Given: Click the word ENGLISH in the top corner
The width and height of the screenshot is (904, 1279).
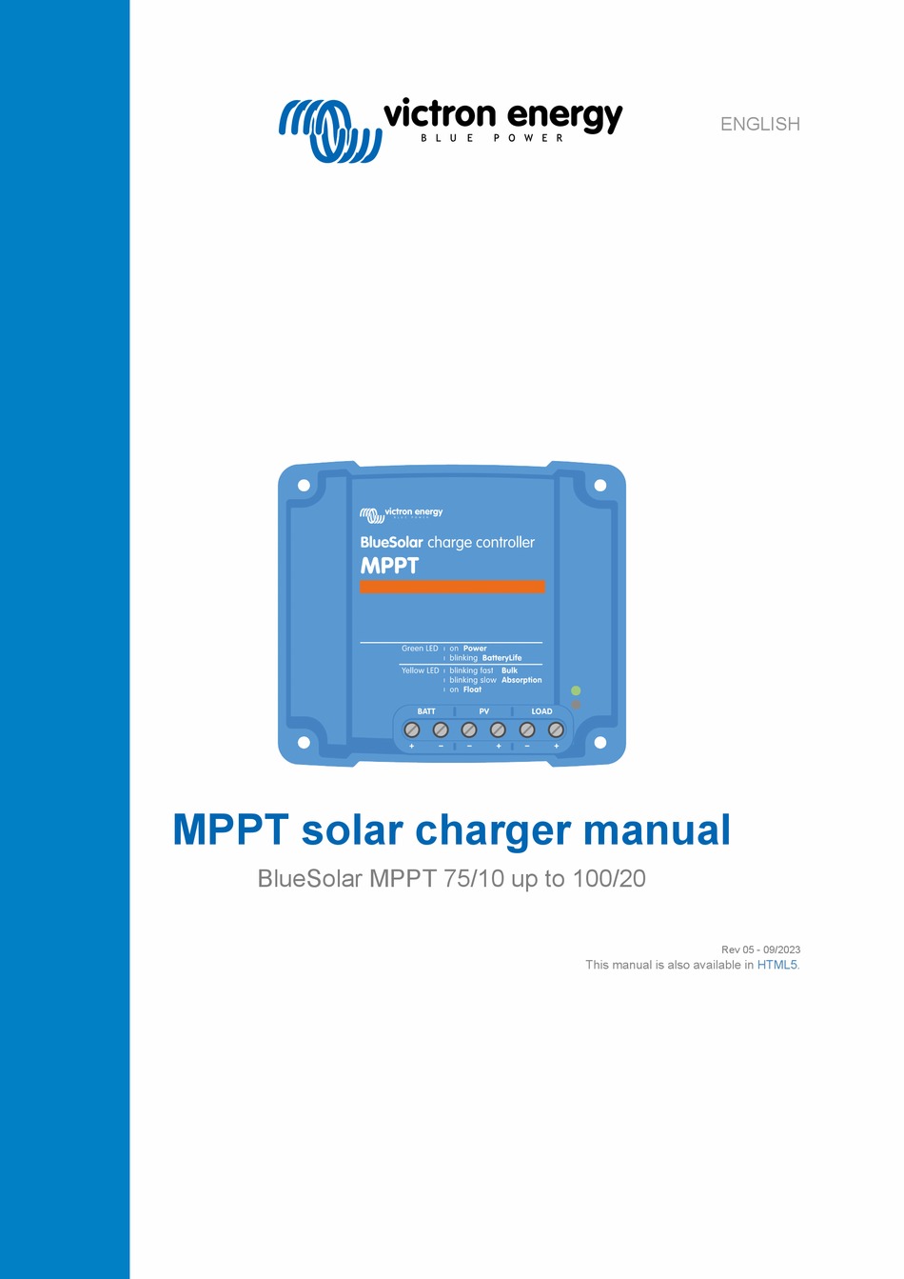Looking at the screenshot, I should point(759,124).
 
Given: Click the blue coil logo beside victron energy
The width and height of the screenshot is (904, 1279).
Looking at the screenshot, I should point(329,130).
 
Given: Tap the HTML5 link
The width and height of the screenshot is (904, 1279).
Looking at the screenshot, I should point(776,965).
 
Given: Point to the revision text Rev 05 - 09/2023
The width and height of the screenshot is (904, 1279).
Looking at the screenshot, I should point(760,949).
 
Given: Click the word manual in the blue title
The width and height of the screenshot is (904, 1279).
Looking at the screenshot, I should point(657,829).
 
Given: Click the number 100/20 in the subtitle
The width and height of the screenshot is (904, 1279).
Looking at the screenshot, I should point(609,878).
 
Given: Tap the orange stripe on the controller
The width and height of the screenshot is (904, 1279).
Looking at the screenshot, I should point(452,587).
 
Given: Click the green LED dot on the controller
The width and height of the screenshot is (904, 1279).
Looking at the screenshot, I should point(576,690).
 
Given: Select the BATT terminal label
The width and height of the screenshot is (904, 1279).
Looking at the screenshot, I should point(426,711).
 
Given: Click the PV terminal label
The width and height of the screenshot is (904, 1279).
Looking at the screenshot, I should point(484,711).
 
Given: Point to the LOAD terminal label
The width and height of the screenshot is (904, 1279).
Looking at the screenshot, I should point(541,711).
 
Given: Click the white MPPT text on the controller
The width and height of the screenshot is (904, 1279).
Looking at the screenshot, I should point(389,566).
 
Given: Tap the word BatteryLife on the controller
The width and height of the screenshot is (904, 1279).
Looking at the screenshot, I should point(501,658).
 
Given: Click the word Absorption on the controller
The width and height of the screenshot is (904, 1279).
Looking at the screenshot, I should point(521,680).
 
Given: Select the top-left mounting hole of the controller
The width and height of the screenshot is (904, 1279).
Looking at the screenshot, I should point(304,486).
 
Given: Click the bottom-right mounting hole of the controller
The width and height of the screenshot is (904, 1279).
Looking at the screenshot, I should point(599,743).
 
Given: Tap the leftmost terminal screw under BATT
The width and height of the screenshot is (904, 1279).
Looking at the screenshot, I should point(412,729).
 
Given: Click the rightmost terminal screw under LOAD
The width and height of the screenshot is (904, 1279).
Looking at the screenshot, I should point(556,729).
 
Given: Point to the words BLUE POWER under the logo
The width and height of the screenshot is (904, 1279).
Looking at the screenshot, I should point(492,138).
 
